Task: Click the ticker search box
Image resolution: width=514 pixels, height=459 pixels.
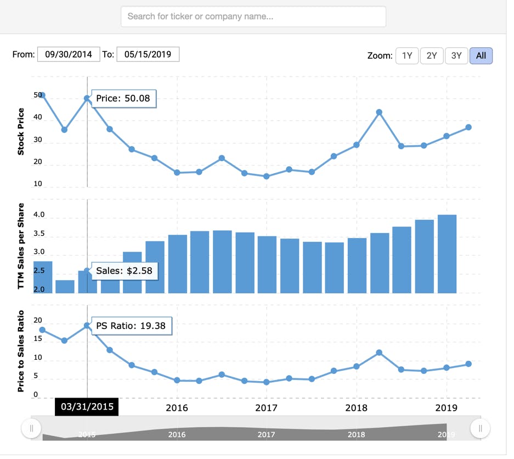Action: pos(253,16)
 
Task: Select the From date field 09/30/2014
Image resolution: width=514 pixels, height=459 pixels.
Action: pos(69,54)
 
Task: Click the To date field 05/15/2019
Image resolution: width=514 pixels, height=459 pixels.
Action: pos(148,54)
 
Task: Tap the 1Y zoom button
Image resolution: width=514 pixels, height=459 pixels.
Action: pos(407,56)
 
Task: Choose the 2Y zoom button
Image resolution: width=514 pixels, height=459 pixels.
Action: pos(432,56)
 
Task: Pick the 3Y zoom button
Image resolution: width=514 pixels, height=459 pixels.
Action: pos(456,56)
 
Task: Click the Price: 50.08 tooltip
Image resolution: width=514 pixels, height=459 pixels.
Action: pos(123,98)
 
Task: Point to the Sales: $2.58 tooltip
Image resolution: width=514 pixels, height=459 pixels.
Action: pos(125,271)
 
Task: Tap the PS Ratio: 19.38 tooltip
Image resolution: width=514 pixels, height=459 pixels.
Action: pos(132,326)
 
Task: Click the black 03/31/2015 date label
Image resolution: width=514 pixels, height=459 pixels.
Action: pos(87,406)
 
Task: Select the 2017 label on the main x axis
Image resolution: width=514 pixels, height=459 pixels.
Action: pos(266,408)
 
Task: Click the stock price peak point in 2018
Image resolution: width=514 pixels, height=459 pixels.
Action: pos(379,112)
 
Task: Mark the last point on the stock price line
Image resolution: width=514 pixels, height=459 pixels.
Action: pos(468,127)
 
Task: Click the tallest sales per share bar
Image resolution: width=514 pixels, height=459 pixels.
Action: pos(447,254)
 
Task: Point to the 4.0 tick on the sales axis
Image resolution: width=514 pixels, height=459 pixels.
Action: pos(39,214)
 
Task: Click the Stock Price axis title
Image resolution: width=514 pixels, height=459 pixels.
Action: pos(21,132)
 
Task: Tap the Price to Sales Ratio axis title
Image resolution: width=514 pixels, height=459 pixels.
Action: pos(21,351)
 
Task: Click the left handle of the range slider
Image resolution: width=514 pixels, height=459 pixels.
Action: pos(31,428)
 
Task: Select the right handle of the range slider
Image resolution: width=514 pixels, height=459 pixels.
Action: pos(480,428)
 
